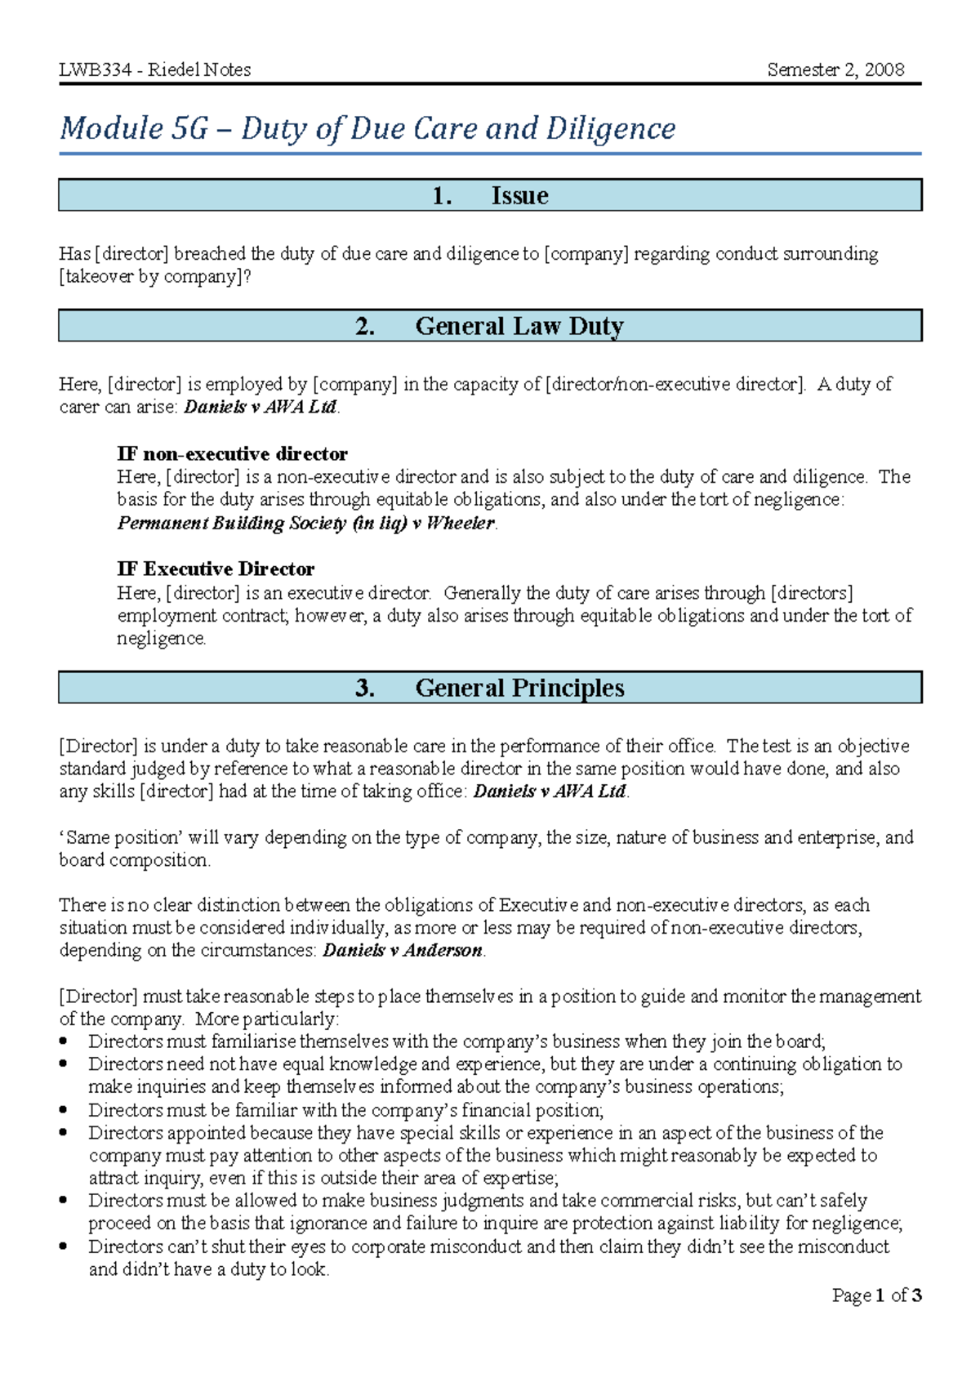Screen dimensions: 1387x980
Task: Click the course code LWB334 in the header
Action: pos(95,70)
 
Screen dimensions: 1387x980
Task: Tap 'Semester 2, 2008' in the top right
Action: pos(835,70)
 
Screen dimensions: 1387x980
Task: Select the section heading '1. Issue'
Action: pos(490,196)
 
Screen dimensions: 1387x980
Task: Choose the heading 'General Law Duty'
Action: pos(519,326)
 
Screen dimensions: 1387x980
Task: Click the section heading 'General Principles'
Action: pos(519,688)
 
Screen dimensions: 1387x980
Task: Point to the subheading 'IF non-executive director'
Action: pos(232,454)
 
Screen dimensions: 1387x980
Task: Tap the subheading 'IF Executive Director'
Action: pos(216,569)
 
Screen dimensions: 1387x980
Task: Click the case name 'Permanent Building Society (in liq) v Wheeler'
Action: pos(306,523)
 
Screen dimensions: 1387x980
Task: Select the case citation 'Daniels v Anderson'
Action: pos(403,951)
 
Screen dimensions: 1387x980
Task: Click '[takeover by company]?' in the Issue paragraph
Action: pos(155,277)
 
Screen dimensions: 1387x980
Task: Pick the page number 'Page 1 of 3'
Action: pos(876,1296)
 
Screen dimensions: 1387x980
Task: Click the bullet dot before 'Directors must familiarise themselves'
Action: pos(65,1042)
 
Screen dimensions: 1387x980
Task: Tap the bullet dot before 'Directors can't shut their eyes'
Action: pos(65,1247)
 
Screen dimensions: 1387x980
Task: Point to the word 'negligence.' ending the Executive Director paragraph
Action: pos(162,639)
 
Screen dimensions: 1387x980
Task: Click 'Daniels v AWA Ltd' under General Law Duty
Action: pos(261,407)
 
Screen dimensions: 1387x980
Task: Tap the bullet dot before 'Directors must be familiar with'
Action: pos(65,1111)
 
